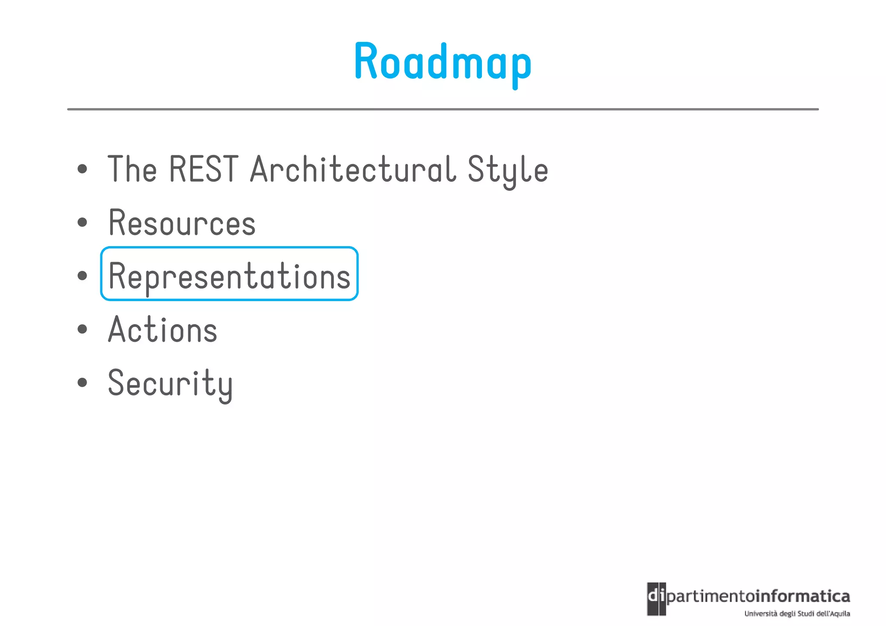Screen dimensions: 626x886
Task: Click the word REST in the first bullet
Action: tap(203, 169)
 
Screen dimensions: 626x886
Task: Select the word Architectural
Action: tap(353, 169)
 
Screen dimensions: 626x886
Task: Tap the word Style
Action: tap(507, 170)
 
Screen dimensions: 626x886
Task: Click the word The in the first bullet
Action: tap(132, 169)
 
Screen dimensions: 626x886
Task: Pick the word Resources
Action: tap(182, 223)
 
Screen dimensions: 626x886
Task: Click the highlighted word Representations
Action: tap(229, 276)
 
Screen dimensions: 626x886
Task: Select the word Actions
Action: tap(163, 330)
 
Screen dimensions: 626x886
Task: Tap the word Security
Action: tap(170, 383)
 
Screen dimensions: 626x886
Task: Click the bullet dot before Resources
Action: tap(82, 223)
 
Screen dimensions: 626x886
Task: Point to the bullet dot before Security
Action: tap(82, 382)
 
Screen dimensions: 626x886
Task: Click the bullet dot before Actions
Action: tap(82, 329)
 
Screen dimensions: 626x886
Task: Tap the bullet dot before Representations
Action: tap(82, 276)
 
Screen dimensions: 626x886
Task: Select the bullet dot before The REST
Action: tap(82, 169)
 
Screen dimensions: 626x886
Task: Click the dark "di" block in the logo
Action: tap(656, 598)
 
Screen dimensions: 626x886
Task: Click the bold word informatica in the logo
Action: tap(803, 597)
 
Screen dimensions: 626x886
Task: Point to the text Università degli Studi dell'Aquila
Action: tap(797, 613)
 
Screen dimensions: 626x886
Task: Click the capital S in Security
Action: tap(117, 382)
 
